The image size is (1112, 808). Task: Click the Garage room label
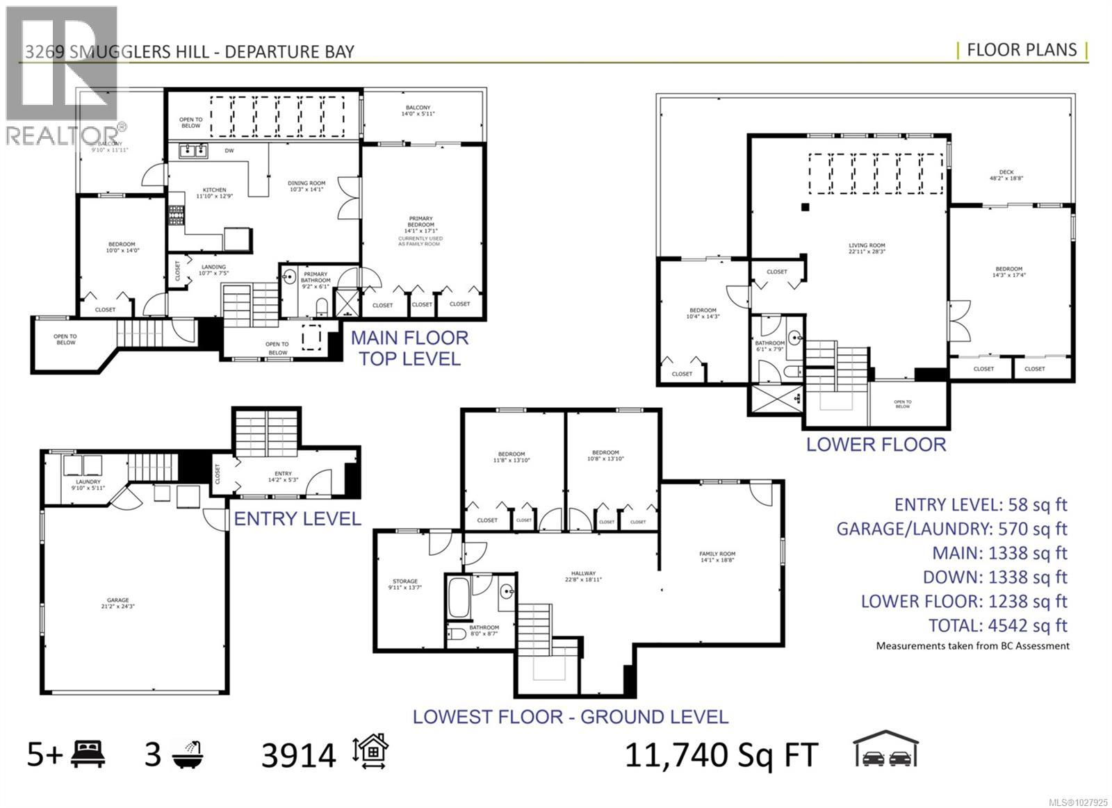118,604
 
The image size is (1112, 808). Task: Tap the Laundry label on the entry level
88,484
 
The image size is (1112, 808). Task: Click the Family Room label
717,556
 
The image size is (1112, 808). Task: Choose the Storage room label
405,584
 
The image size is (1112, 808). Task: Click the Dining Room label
306,186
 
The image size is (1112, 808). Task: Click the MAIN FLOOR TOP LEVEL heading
409,349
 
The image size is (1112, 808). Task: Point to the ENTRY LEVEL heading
297,519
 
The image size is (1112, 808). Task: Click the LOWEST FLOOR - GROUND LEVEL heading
571,717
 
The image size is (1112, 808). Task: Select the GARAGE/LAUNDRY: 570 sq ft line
951,529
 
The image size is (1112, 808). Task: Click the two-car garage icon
885,749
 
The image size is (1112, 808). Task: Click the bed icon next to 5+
88,754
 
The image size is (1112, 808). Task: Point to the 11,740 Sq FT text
721,755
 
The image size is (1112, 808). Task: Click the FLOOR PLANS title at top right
1022,50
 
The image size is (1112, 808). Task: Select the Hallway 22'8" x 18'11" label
583,577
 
